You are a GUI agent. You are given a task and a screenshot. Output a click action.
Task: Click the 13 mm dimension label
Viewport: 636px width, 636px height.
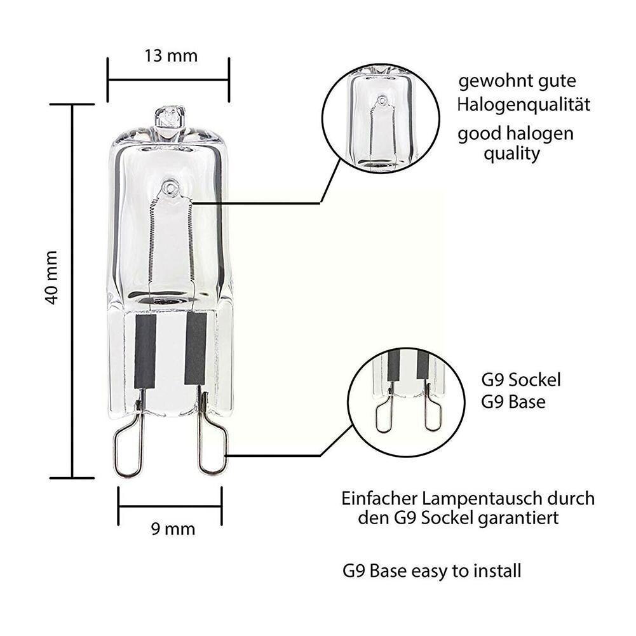171,56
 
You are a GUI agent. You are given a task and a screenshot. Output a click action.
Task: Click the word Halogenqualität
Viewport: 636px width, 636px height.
524,104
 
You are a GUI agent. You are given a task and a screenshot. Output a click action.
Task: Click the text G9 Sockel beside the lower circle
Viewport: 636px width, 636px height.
521,381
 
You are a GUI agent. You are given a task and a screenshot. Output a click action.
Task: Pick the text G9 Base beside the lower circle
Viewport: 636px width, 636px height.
513,402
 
